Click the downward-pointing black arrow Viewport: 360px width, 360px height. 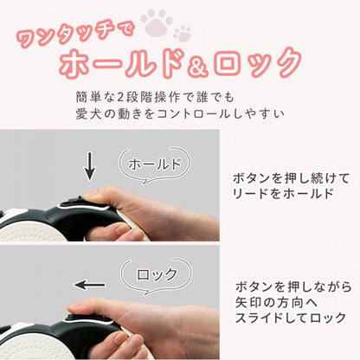90,166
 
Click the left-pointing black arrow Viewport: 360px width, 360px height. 90,285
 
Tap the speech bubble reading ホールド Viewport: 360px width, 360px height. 155,165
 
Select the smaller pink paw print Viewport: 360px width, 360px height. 183,33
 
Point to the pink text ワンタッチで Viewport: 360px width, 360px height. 75,34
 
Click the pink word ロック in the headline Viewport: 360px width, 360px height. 258,64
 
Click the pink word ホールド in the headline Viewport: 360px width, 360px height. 122,64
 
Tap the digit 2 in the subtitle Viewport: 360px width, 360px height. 121,98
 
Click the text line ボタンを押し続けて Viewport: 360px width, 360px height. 291,178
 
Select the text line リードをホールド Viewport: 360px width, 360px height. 283,193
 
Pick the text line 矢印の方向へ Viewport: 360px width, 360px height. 277,302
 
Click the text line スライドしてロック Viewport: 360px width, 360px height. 291,318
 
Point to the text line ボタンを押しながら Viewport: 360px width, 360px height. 293,286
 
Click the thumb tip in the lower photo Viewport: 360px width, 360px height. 74,307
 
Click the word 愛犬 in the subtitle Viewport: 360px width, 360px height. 87,114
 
